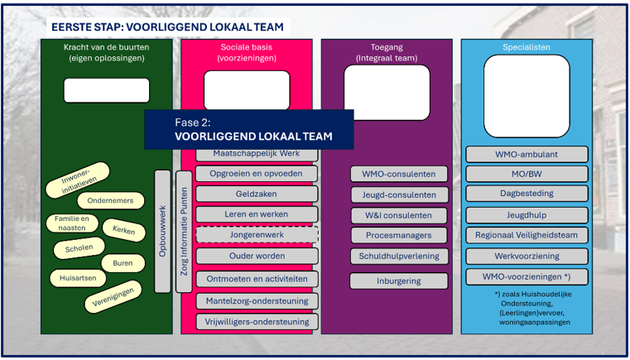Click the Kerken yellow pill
point(123,230)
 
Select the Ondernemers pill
point(110,200)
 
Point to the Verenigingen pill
point(113,297)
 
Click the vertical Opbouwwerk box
point(162,232)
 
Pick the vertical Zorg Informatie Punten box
point(184,232)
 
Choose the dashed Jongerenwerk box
point(257,235)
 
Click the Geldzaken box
point(257,194)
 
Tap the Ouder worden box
point(257,256)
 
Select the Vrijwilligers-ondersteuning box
point(257,322)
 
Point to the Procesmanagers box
point(399,235)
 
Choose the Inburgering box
point(399,281)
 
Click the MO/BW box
point(527,174)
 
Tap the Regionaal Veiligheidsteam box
point(527,235)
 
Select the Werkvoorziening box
point(527,256)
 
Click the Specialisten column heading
point(527,47)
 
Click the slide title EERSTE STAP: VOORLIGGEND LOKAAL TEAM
point(167,27)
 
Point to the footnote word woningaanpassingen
point(535,322)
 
